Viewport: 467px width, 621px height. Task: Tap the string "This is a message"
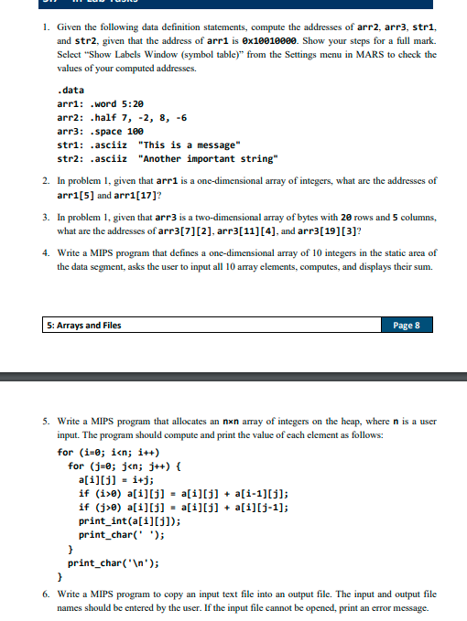(187, 143)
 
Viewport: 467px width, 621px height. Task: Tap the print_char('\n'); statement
(123, 562)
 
